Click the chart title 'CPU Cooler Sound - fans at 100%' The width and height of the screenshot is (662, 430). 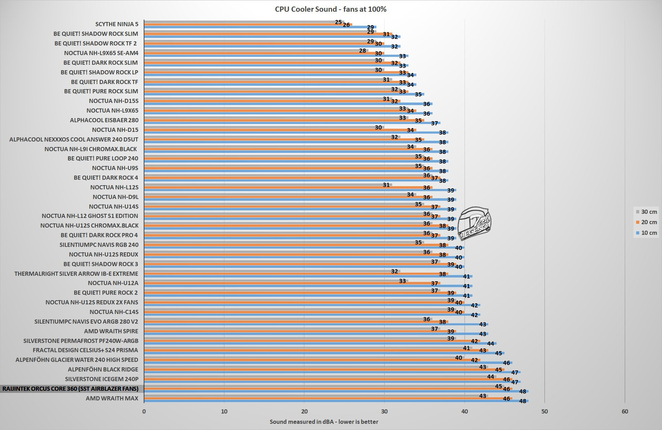coord(330,9)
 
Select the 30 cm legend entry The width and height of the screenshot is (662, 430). coord(646,212)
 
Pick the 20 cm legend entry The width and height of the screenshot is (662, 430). coord(646,222)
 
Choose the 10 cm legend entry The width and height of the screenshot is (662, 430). coord(646,233)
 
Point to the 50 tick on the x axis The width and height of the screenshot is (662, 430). coord(544,411)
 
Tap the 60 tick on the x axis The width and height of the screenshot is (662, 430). coord(625,411)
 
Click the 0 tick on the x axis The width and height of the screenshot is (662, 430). coord(144,411)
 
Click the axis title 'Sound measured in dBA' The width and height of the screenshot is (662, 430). coord(324,422)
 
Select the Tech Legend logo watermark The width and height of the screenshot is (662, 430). coord(477,224)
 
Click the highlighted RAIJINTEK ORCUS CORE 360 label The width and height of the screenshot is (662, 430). coord(71,389)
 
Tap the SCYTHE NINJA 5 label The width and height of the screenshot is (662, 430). coord(117,24)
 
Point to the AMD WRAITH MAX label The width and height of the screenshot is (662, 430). coord(112,399)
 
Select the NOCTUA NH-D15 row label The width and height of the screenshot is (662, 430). coord(115,130)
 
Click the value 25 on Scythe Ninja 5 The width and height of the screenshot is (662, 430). coord(338,22)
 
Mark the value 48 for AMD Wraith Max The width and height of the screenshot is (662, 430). coord(522,401)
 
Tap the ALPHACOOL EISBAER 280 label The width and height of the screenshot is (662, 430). coord(104,120)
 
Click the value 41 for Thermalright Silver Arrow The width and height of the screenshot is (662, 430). coord(466,276)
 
